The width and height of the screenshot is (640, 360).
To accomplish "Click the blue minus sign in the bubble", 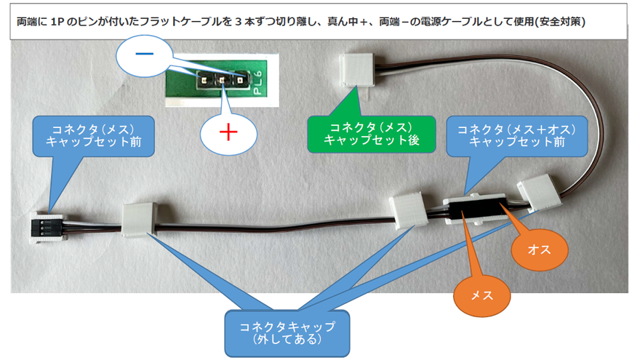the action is (144, 54).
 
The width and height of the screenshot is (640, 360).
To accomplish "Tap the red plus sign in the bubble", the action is (228, 132).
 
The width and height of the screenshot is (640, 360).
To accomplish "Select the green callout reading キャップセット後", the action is (371, 134).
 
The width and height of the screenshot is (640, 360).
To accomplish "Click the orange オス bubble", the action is (539, 249).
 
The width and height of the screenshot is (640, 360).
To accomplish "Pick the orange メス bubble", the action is (482, 295).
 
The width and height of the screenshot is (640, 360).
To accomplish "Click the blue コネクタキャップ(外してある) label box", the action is (287, 333).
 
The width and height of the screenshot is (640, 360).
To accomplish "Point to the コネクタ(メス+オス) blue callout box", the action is (517, 136).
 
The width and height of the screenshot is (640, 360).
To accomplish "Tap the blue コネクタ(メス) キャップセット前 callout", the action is (94, 136).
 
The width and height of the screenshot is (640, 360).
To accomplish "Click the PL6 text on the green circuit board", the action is (257, 83).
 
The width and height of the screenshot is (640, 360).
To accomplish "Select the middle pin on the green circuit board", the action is (222, 80).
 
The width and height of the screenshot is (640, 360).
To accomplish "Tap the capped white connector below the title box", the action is (357, 71).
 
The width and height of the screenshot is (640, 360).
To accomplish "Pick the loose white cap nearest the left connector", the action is (139, 220).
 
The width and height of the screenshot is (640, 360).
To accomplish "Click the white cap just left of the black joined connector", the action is (408, 210).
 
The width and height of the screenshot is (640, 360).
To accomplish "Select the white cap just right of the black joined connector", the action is (535, 192).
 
